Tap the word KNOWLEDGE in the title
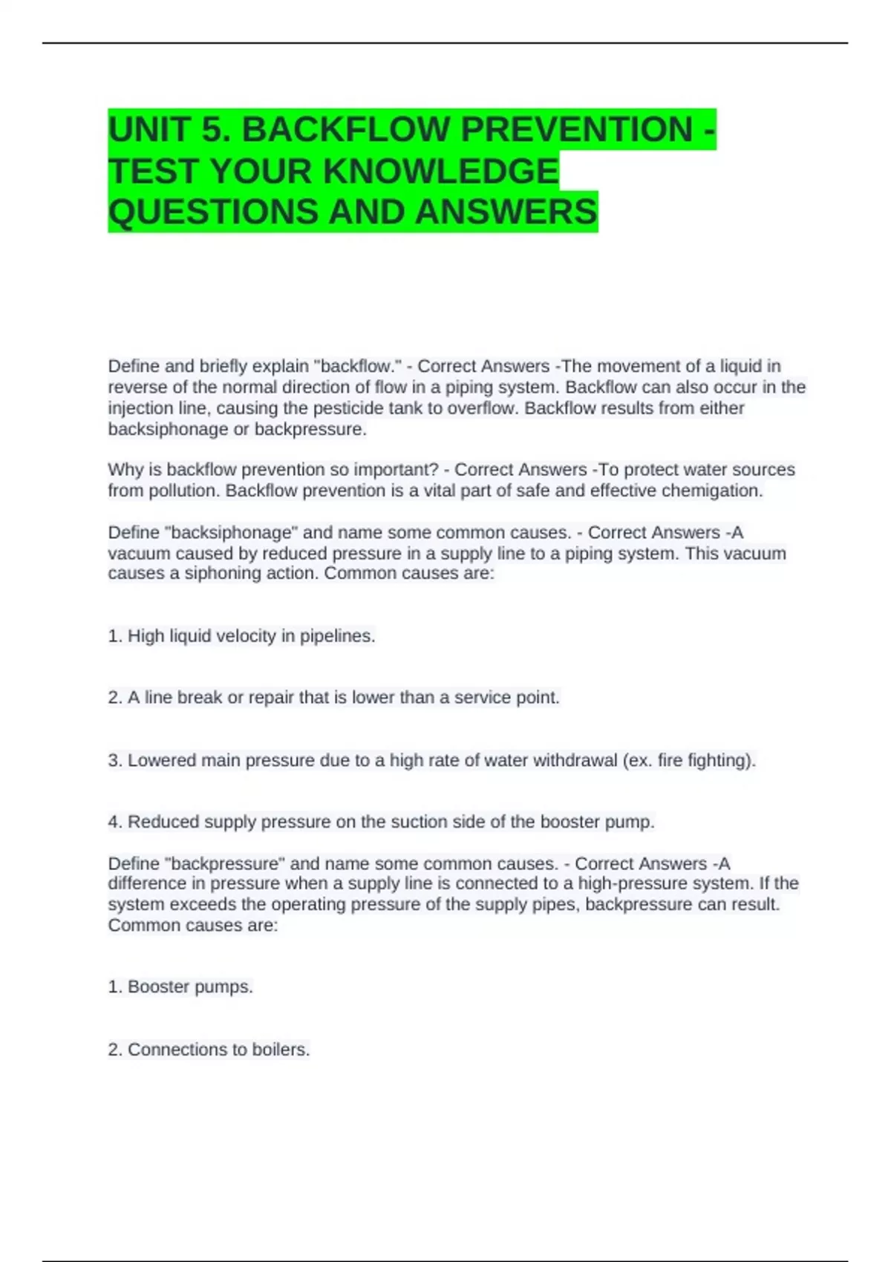click(441, 171)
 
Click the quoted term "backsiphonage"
click(231, 533)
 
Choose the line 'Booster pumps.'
click(190, 987)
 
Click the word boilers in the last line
click(280, 1050)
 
